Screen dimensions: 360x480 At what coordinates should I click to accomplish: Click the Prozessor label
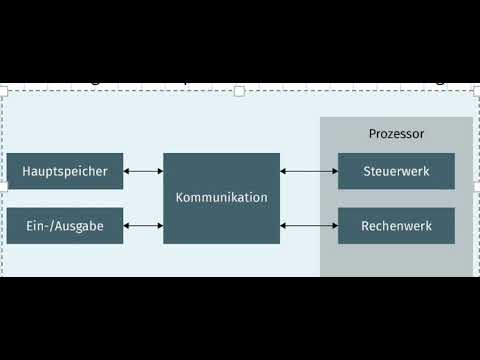point(396,133)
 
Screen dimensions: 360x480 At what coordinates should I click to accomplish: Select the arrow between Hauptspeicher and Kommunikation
point(143,171)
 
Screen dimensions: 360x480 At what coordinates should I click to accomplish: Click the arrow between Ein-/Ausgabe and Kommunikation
point(143,226)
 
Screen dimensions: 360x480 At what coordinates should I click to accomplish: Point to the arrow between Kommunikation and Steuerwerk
point(309,171)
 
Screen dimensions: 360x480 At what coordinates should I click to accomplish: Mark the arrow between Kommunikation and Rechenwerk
point(309,226)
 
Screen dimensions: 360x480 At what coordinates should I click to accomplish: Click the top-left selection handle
point(4,91)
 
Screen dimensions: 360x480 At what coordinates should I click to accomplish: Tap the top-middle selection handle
point(239,91)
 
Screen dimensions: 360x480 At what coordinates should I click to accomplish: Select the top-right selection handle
point(475,91)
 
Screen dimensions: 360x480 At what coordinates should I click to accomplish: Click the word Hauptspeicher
point(65,172)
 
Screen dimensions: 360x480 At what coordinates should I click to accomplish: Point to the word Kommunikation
point(221,198)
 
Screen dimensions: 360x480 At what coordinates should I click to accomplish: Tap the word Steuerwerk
point(396,172)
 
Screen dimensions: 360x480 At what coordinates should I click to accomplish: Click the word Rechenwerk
point(396,226)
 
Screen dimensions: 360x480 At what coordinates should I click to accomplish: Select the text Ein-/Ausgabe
point(65,226)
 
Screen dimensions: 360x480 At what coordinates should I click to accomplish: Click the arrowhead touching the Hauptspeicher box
point(128,171)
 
